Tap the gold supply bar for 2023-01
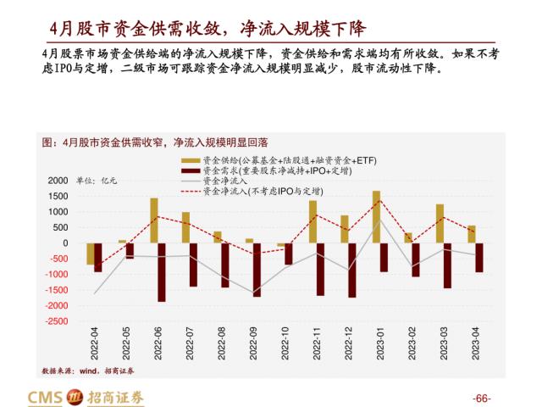tap(376, 217)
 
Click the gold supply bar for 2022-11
tap(312, 222)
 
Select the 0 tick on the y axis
tap(64, 243)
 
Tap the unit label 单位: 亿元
tap(97, 181)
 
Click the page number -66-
tap(481, 399)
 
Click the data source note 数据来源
tap(88, 371)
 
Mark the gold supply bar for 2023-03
tap(440, 223)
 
